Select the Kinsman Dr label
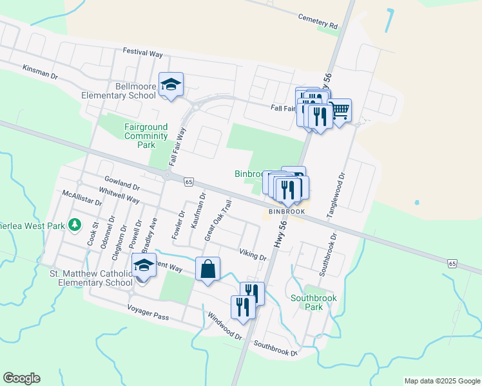click(x=40, y=71)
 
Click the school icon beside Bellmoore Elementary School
click(x=171, y=85)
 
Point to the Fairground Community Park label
click(x=146, y=136)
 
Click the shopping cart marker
click(x=339, y=111)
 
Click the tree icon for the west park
click(x=75, y=225)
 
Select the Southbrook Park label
click(x=314, y=302)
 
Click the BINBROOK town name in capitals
click(x=286, y=211)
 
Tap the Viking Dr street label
click(x=253, y=255)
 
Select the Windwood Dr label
click(x=225, y=327)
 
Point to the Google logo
click(x=21, y=378)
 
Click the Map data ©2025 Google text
click(x=441, y=381)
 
